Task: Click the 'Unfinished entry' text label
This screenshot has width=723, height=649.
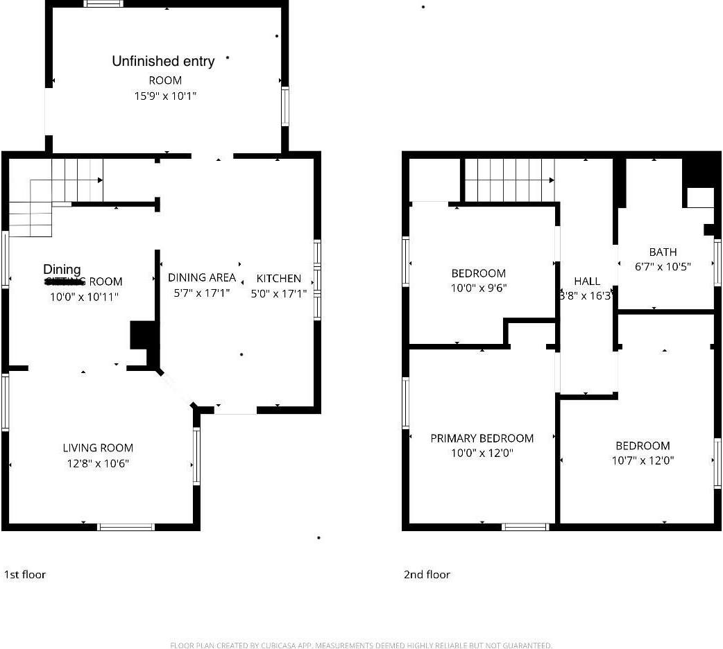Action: [x=163, y=62]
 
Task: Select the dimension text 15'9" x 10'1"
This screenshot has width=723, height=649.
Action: [x=165, y=96]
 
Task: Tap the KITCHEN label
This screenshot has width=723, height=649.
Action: [x=279, y=278]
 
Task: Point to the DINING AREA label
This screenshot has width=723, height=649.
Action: [x=202, y=277]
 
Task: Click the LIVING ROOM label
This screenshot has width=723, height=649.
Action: [x=98, y=448]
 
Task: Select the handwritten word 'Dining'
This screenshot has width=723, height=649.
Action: [x=62, y=269]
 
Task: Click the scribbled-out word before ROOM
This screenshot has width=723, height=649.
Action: [x=65, y=282]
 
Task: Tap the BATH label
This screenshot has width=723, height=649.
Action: [x=663, y=252]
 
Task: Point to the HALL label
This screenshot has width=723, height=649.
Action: [x=587, y=281]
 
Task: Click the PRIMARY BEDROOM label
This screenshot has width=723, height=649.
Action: [x=482, y=438]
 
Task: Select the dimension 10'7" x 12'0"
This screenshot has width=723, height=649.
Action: [x=643, y=460]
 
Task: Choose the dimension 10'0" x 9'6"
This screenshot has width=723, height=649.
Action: [x=478, y=288]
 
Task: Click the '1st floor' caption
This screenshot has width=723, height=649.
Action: [x=25, y=574]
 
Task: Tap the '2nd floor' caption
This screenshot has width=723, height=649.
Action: [x=427, y=574]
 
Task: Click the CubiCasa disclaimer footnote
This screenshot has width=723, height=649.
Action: [x=361, y=646]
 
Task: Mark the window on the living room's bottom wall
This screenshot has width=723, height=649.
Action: [x=126, y=527]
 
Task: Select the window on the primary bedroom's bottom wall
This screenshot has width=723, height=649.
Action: [x=525, y=527]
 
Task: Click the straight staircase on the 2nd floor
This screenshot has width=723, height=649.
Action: [x=509, y=180]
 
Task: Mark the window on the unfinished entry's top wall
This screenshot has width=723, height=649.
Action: [x=103, y=3]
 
